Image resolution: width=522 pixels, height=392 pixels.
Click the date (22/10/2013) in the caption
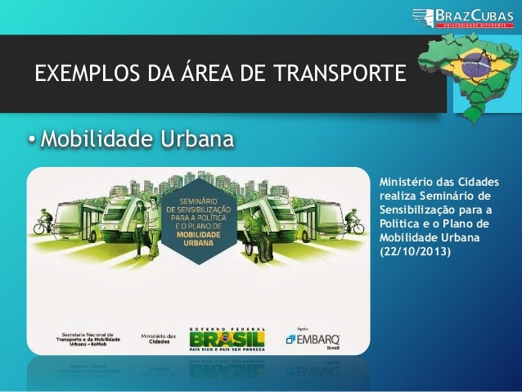[414, 250]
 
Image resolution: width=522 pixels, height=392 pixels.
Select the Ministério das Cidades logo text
[158, 339]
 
